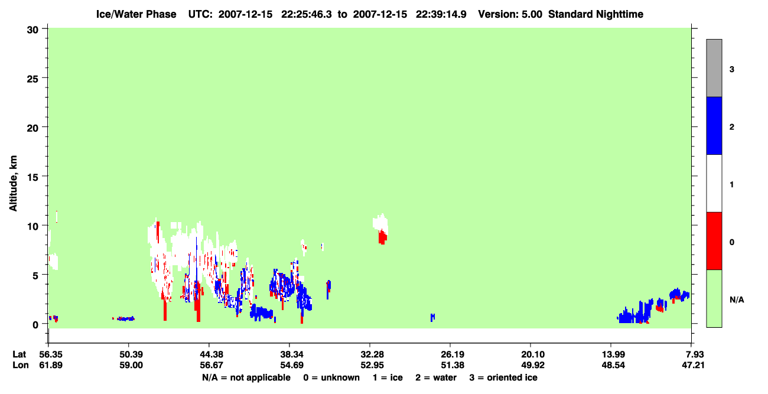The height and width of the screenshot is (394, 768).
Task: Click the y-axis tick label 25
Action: pyautogui.click(x=32, y=79)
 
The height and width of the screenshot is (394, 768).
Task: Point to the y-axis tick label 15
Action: pyautogui.click(x=32, y=178)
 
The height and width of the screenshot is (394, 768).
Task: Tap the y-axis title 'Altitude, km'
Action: pyautogui.click(x=13, y=183)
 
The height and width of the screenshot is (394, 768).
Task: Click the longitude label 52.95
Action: pyautogui.click(x=372, y=365)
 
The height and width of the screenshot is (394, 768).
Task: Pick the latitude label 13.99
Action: pyautogui.click(x=613, y=354)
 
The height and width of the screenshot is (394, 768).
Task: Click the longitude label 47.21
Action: pyautogui.click(x=693, y=365)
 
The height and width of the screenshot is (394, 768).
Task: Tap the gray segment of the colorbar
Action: pyautogui.click(x=714, y=68)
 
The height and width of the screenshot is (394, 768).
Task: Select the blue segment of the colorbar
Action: pyautogui.click(x=714, y=125)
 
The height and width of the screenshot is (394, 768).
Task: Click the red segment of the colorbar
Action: pyautogui.click(x=714, y=241)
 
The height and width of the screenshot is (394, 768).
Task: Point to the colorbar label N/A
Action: pyautogui.click(x=737, y=300)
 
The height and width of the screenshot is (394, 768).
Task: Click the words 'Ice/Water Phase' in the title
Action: pyautogui.click(x=136, y=14)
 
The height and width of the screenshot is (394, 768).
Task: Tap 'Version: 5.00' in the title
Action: pyautogui.click(x=510, y=14)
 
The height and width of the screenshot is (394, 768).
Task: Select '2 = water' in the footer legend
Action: pyautogui.click(x=436, y=377)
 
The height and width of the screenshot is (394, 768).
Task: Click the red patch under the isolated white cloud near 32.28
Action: pyautogui.click(x=383, y=237)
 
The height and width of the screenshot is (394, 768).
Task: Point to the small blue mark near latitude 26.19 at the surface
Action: pyautogui.click(x=432, y=317)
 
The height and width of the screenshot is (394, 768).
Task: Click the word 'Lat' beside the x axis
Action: pyautogui.click(x=19, y=354)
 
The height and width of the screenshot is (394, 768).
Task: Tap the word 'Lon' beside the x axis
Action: pyautogui.click(x=21, y=365)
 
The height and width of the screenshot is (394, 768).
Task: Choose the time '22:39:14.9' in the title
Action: pyautogui.click(x=441, y=14)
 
